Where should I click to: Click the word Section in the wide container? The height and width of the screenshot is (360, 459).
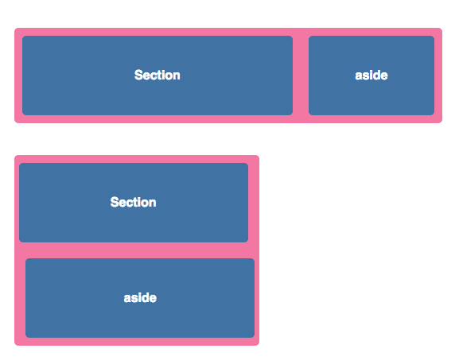pos(158,75)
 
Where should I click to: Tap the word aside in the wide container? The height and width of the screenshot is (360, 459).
pos(371,75)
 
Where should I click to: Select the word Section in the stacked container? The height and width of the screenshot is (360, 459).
pos(133,203)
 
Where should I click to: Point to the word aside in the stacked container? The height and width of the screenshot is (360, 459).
pos(140,298)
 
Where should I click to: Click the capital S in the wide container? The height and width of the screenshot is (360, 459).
pos(138,75)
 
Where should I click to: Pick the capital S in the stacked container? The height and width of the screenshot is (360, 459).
pos(115,203)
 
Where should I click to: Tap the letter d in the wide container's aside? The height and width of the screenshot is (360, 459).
pos(377,75)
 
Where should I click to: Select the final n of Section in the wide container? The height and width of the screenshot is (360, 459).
pos(177,76)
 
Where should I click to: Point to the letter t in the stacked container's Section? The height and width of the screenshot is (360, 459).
pos(138,203)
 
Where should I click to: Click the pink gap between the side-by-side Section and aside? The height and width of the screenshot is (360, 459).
pos(301,75)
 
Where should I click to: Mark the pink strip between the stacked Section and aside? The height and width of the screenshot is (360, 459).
pos(137,250)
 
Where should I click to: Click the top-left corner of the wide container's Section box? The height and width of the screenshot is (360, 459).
pos(22,36)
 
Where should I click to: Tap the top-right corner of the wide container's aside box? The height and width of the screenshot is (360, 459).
pos(434,36)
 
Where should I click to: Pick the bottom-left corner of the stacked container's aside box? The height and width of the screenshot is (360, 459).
pos(25,338)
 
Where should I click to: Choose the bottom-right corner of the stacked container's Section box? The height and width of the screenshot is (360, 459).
pos(248,242)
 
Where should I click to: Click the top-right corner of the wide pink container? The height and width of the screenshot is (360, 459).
pos(442,28)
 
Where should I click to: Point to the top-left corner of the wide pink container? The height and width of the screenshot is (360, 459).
pos(14,28)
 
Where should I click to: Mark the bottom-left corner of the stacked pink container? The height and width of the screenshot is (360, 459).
pos(14,346)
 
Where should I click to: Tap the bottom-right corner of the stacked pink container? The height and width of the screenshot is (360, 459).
pos(259,346)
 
